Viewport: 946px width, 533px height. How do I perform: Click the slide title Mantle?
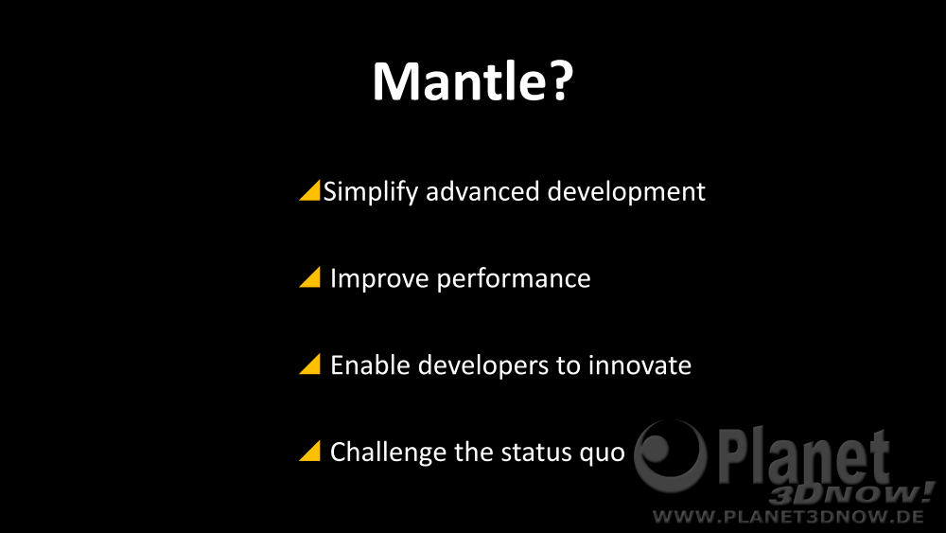pos(472,80)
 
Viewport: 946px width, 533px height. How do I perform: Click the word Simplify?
pos(371,192)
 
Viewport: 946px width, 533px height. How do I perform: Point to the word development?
pos(626,192)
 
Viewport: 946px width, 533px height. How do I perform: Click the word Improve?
pos(379,279)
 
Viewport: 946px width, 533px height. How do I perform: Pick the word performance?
pos(514,279)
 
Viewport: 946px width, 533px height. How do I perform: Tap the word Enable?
pos(370,365)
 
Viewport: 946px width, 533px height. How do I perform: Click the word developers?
pos(482,366)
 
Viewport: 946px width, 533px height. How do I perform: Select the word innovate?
pos(639,365)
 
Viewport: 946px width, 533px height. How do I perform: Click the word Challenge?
pos(388,453)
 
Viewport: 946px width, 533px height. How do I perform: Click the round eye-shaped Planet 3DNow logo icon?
pos(670,455)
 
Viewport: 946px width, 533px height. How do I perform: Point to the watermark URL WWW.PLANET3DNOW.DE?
pos(788,517)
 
